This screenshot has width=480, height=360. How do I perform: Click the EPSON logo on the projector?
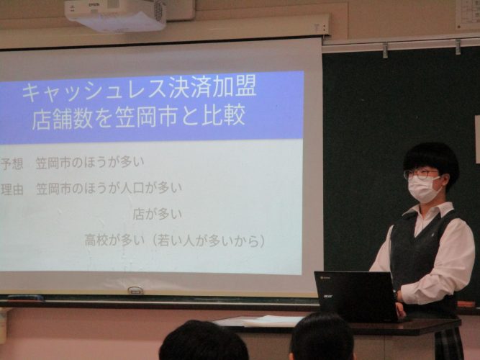[92, 4]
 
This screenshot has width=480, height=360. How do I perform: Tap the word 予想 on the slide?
[12, 164]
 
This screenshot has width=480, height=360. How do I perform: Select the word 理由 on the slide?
[12, 189]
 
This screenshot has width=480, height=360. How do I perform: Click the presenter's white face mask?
[424, 189]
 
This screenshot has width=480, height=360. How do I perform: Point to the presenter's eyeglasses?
[421, 174]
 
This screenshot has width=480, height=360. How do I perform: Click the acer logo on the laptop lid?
[329, 296]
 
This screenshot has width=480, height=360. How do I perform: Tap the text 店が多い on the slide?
[158, 215]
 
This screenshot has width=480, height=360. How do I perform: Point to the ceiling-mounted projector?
[115, 14]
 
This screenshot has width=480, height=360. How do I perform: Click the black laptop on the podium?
[357, 296]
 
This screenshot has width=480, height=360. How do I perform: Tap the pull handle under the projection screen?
[135, 290]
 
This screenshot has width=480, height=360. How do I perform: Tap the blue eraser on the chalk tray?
[25, 298]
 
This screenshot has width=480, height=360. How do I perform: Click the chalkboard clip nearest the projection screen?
[385, 50]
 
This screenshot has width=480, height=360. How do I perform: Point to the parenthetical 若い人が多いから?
[209, 240]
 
